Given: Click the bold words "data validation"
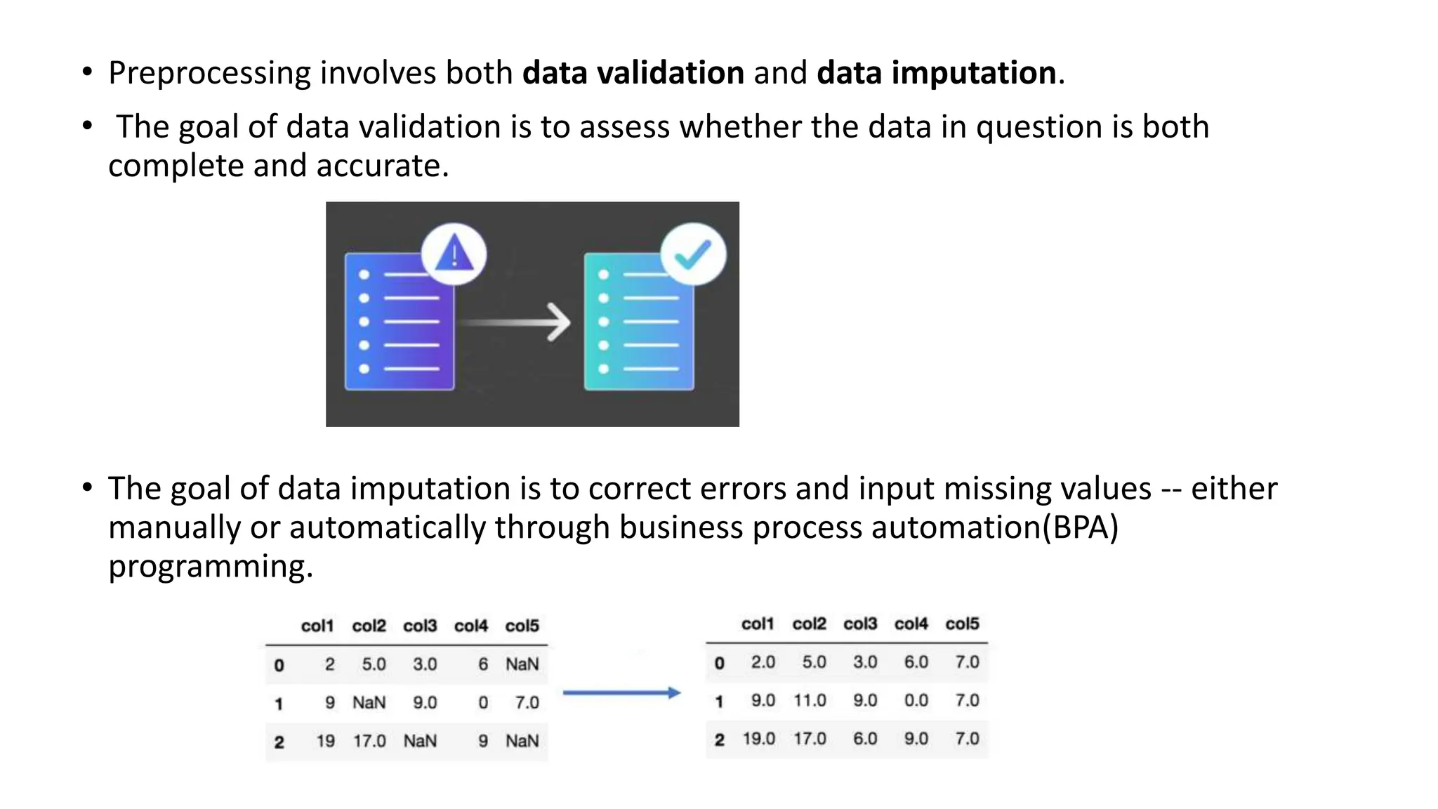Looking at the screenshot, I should coord(633,73).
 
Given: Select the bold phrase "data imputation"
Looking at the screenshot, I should coord(937,73).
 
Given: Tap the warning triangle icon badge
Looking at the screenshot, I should coord(454,254).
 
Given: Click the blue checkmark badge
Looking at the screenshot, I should coord(693,254).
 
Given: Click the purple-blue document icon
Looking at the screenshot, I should coord(399,322).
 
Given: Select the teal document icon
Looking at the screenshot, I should coord(638,322).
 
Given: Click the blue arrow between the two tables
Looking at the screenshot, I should coord(621,693).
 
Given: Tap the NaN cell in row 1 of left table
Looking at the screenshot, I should coord(369,702).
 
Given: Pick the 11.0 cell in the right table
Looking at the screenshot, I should coord(810,700).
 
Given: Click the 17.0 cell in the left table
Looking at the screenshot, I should coord(369,741).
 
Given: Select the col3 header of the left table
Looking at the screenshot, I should coord(420,626).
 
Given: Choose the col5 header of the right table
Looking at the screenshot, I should coord(962,624).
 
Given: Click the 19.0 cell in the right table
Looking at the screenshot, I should coord(759,739).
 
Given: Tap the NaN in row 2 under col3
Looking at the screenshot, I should coord(420,741).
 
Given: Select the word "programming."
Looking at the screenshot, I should coord(211,566).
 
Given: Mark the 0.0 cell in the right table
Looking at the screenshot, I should coord(916,700).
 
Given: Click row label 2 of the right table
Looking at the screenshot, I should coord(719,739).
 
